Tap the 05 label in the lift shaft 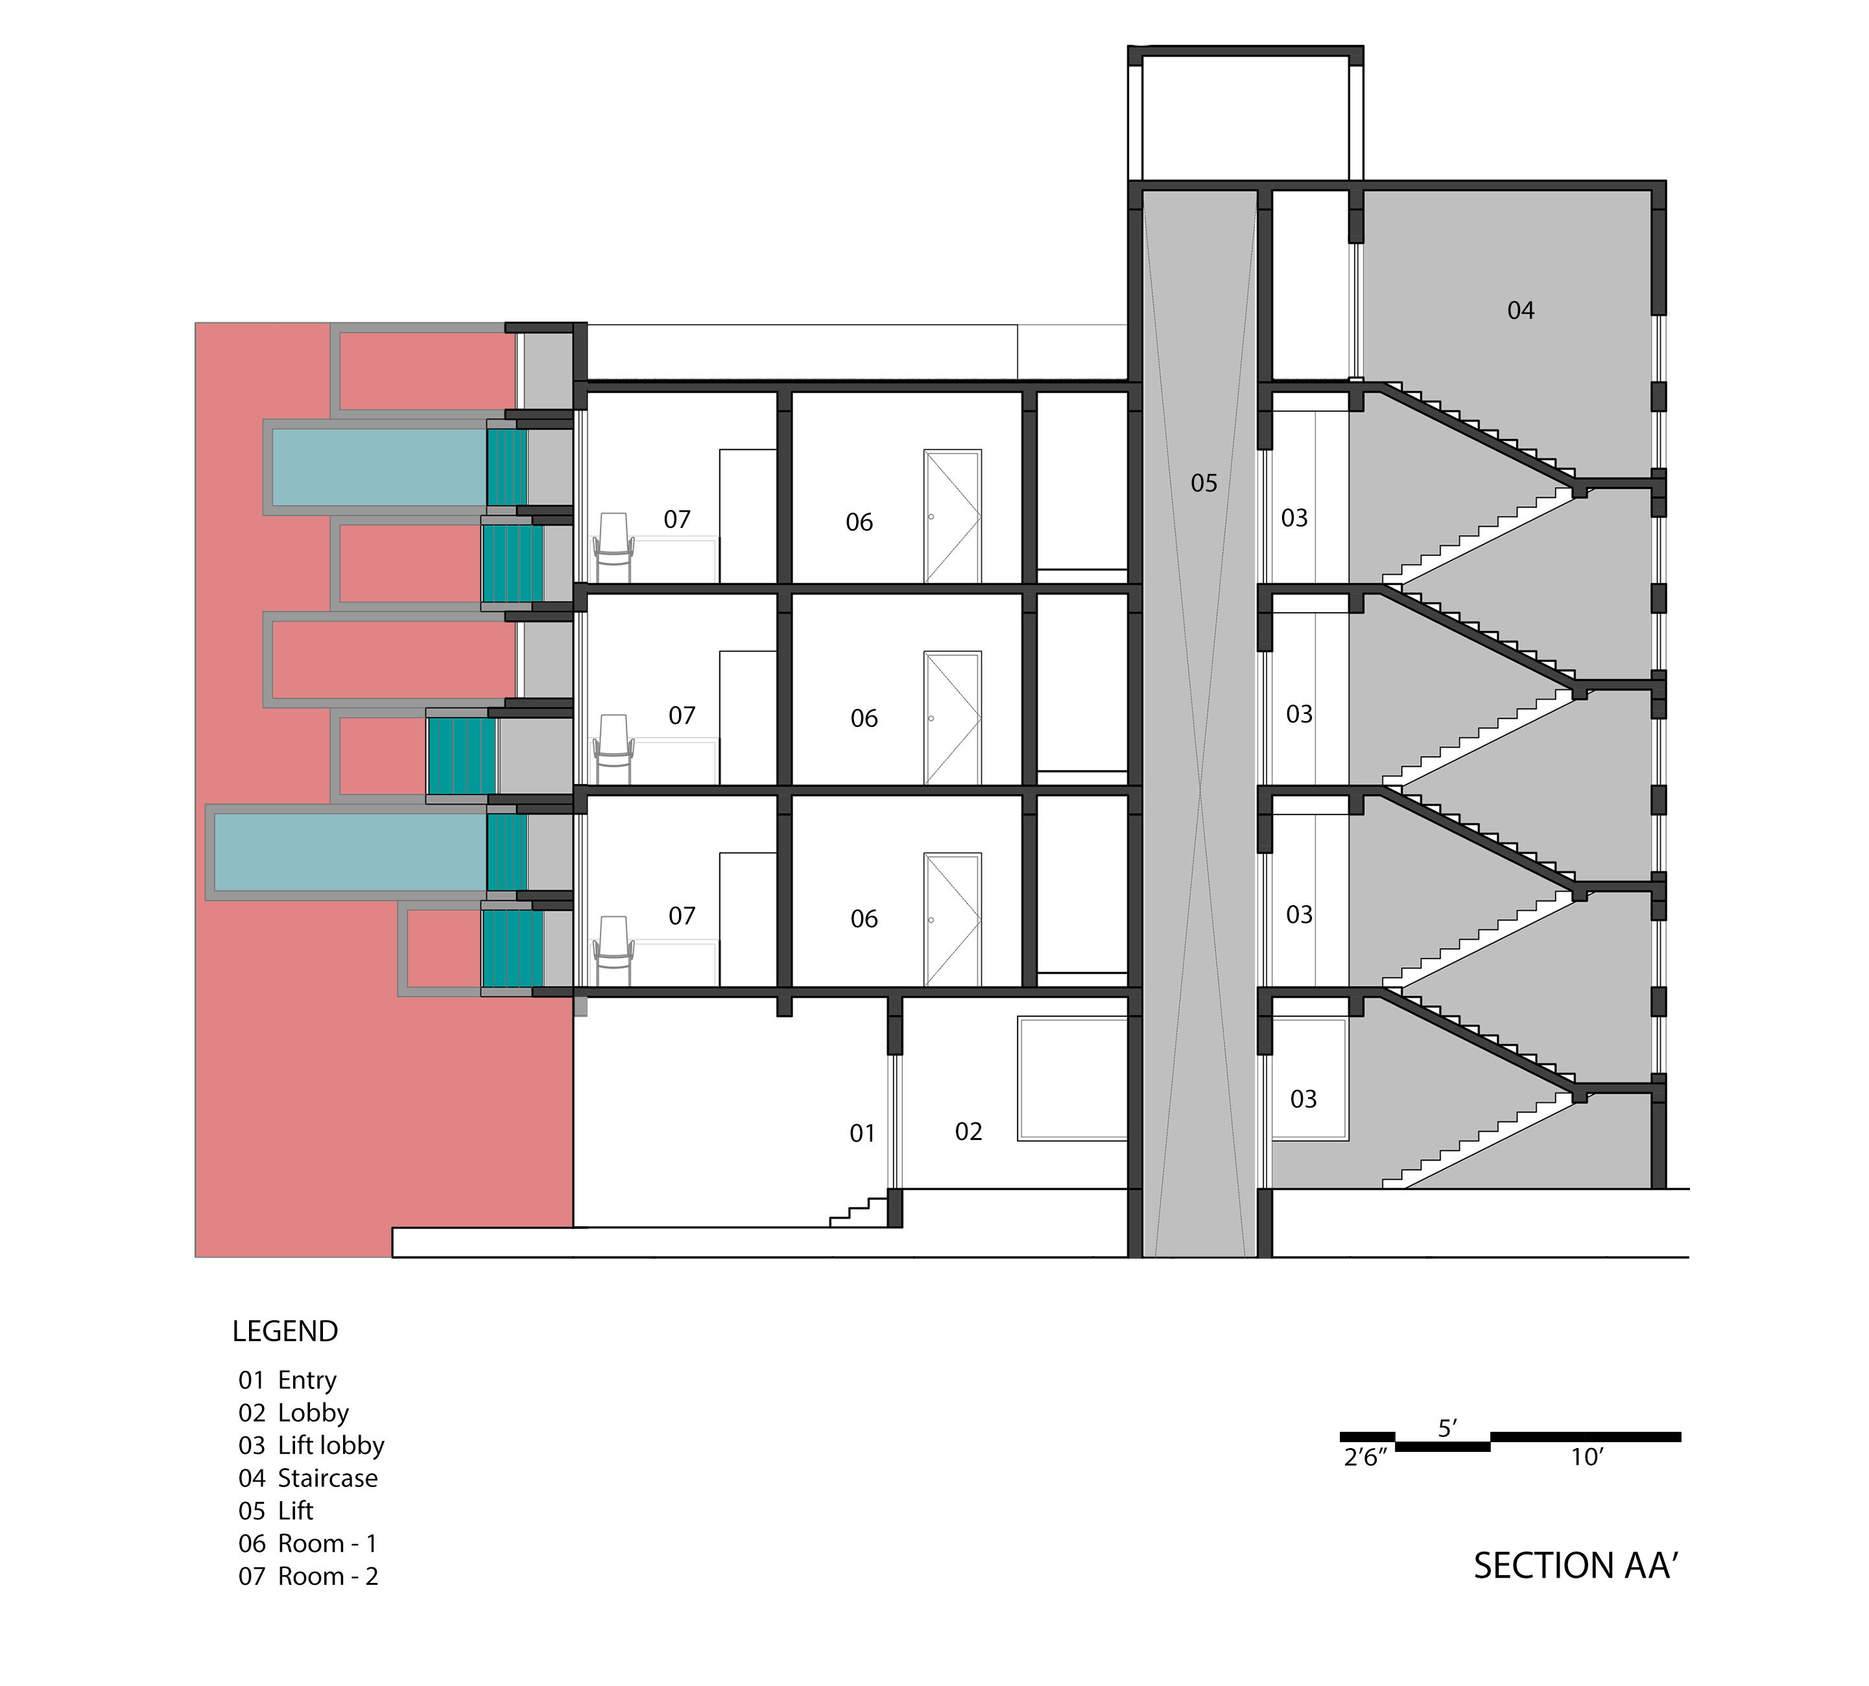coord(1204,482)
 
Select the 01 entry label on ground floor coord(862,1133)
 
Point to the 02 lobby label coord(968,1131)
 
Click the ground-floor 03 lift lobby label coord(1303,1098)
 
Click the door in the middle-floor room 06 coord(951,718)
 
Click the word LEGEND coord(285,1331)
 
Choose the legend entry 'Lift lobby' coord(331,1445)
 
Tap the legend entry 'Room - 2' coord(328,1576)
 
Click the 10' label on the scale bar coord(1586,1457)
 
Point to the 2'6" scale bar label coord(1365,1457)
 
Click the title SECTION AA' coord(1576,1565)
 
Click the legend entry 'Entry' coord(307,1381)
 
